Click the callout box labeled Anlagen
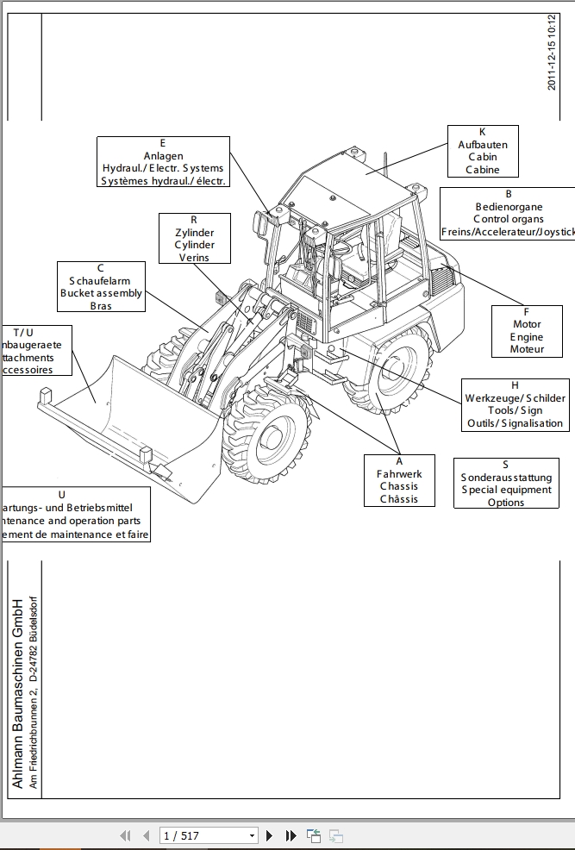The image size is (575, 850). point(163,162)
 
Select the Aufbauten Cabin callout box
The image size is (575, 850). point(483,151)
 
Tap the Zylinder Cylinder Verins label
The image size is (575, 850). point(195,239)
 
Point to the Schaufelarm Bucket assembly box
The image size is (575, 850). point(101,286)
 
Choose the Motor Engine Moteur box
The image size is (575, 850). point(527,331)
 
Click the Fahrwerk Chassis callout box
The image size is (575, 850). point(399,480)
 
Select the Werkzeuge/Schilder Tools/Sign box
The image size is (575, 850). point(515,404)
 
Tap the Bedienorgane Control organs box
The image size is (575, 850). point(509,213)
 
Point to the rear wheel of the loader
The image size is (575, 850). point(392,371)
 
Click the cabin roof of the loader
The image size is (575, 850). point(353,177)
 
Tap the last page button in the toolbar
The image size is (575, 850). point(291,835)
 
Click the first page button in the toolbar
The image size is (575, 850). point(125,835)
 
